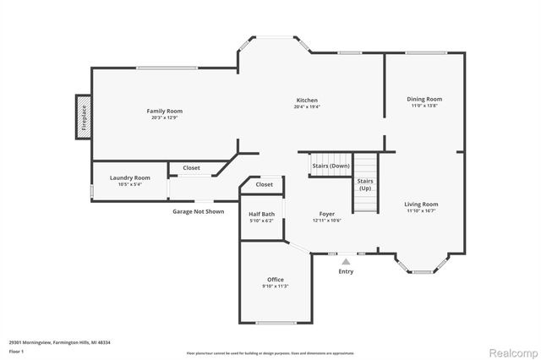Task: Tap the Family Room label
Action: [164, 111]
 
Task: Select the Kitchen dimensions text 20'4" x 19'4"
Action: [306, 107]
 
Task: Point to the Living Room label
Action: [420, 204]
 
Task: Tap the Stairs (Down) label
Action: [331, 166]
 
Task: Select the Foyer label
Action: [327, 214]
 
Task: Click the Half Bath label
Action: [261, 214]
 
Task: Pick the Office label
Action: [276, 280]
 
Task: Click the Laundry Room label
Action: [130, 177]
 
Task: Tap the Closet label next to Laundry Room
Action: [192, 168]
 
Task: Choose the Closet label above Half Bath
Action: [264, 184]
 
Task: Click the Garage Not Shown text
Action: [199, 211]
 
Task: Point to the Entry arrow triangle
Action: [346, 262]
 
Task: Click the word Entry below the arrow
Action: [346, 271]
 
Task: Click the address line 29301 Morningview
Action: [59, 342]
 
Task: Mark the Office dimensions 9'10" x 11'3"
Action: [276, 286]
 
